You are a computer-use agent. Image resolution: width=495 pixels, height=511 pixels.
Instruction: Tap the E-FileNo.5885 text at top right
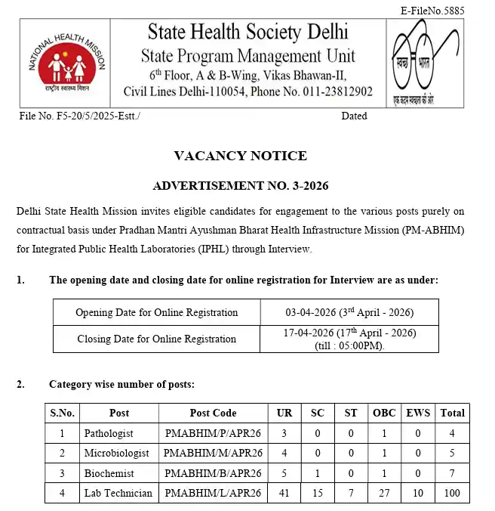click(x=442, y=11)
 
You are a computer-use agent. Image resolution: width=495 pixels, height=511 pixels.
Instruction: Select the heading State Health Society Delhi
click(x=247, y=32)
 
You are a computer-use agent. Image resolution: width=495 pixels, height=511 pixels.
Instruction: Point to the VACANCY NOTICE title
click(x=240, y=156)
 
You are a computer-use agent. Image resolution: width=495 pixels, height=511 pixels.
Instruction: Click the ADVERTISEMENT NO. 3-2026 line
click(x=241, y=185)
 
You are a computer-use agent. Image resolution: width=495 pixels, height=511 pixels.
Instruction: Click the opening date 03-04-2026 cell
click(x=349, y=312)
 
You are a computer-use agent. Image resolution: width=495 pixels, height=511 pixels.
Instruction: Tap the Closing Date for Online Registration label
click(x=157, y=339)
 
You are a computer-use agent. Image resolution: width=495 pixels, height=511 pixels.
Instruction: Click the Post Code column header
click(x=213, y=413)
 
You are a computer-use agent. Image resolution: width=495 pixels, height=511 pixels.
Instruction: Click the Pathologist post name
click(x=109, y=433)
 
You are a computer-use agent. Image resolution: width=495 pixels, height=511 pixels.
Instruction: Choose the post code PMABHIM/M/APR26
click(x=213, y=454)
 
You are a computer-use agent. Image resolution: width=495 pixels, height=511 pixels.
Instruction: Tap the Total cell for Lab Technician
click(x=452, y=493)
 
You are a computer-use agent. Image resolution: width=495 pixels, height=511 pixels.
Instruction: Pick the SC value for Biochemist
click(x=317, y=473)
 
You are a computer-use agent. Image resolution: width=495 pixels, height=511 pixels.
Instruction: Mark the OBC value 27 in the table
click(x=383, y=493)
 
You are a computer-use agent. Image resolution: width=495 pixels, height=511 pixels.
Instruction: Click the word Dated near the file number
click(x=354, y=116)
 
